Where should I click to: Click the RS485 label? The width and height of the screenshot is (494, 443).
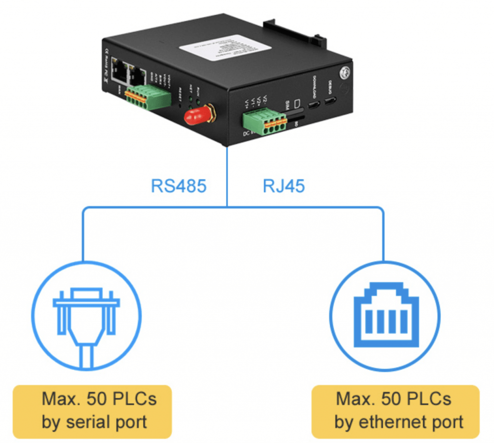179,186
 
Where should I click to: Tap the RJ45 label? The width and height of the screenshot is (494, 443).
284,186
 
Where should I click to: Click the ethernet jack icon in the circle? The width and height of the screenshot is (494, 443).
384,316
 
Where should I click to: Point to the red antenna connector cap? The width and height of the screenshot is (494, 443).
198,116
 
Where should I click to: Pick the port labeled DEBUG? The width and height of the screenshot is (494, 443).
331,101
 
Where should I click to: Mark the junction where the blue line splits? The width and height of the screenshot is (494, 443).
227,208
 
